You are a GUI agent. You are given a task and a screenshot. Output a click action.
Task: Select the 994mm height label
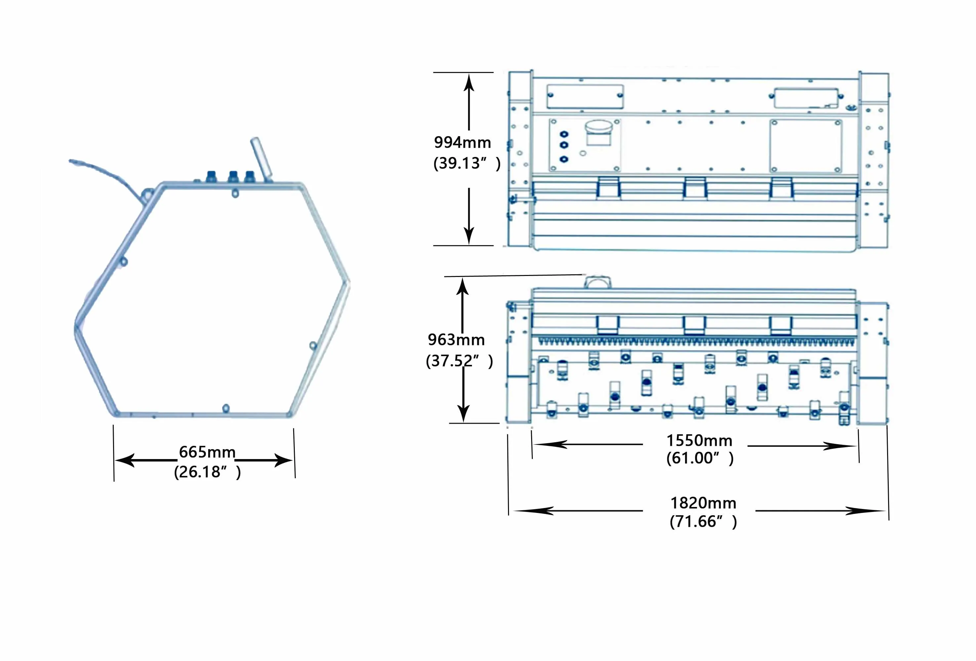pyautogui.click(x=462, y=142)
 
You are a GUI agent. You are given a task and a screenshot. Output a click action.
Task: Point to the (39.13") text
pyautogui.click(x=467, y=163)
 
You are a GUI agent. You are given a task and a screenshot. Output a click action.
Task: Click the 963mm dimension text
pyautogui.click(x=456, y=340)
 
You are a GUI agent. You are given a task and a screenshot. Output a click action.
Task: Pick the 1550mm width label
pyautogui.click(x=699, y=441)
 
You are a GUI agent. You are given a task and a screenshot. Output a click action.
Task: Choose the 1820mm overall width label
pyautogui.click(x=703, y=503)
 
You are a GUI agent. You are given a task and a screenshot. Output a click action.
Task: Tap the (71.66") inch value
pyautogui.click(x=703, y=522)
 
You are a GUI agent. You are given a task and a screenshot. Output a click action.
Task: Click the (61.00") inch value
pyautogui.click(x=700, y=458)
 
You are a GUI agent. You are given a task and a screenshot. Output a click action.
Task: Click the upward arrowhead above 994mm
pyautogui.click(x=469, y=82)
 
